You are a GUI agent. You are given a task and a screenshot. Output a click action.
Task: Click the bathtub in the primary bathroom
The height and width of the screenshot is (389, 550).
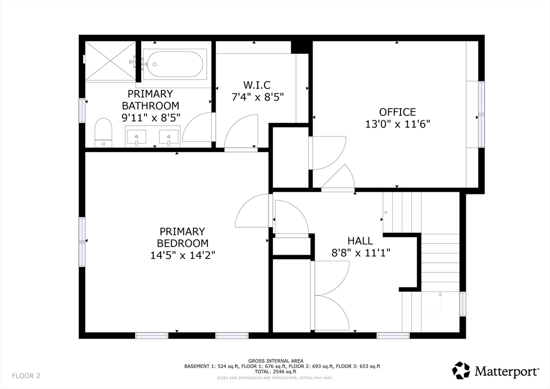(175, 64)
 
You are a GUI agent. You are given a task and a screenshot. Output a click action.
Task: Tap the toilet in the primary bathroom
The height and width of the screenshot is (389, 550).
(103, 133)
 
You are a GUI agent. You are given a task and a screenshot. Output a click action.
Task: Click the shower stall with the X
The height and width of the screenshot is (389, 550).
(111, 61)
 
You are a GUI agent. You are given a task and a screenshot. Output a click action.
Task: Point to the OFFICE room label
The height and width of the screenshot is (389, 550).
(397, 112)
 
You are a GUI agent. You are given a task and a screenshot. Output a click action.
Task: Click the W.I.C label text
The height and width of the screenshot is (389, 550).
(257, 85)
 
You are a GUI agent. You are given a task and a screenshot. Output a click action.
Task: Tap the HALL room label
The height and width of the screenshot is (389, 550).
(360, 241)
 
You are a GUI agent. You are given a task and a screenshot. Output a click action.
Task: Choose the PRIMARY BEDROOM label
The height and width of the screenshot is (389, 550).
(183, 237)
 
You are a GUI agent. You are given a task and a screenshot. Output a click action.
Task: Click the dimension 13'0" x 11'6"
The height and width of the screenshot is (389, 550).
(397, 124)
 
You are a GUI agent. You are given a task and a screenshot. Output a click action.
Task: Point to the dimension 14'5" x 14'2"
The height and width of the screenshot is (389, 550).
(183, 255)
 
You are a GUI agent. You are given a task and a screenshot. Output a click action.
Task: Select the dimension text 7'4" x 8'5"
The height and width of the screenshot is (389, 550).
(257, 97)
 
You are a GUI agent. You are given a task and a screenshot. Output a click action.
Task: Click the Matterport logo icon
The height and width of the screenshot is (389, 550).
(461, 370)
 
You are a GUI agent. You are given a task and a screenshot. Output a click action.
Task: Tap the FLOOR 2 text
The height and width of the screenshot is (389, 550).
(26, 376)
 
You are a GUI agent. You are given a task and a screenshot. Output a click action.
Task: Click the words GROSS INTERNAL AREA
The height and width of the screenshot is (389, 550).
(276, 361)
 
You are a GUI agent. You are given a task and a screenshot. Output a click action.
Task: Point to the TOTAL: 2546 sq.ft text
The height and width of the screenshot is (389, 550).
(276, 372)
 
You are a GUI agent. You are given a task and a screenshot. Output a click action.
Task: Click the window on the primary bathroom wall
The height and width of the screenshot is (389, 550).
(82, 110)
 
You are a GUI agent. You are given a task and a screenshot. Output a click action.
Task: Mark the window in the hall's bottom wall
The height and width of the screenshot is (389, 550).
(393, 335)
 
